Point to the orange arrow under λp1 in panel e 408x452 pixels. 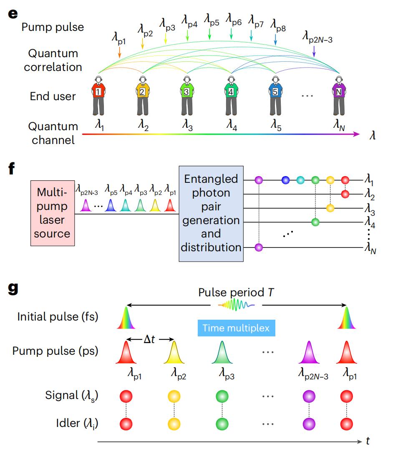[x=119, y=52]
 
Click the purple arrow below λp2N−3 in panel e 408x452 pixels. [x=314, y=51]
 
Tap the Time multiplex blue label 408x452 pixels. [x=236, y=328]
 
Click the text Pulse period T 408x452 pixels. [x=236, y=293]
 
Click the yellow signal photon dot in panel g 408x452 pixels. [x=174, y=395]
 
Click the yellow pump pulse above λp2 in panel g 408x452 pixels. [x=174, y=353]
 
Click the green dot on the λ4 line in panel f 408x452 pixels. [x=316, y=221]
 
